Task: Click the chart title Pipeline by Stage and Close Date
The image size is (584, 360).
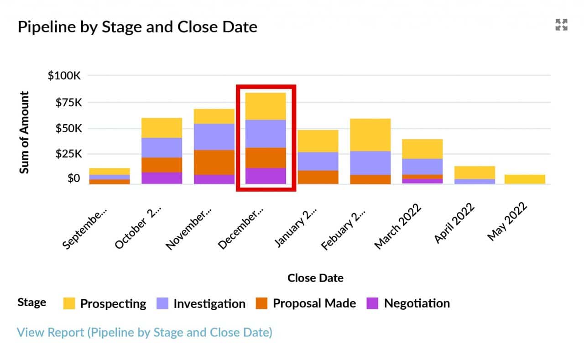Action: pyautogui.click(x=137, y=27)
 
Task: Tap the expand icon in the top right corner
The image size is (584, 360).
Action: pyautogui.click(x=561, y=25)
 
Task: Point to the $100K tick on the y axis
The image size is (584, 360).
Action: pyautogui.click(x=64, y=75)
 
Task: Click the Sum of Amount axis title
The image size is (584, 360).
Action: pyautogui.click(x=25, y=132)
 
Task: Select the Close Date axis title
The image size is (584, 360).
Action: pyautogui.click(x=315, y=278)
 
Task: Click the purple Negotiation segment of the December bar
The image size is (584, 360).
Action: pyautogui.click(x=266, y=176)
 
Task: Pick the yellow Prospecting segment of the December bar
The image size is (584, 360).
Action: pyautogui.click(x=266, y=106)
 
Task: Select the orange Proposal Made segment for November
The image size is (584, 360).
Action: pyautogui.click(x=214, y=162)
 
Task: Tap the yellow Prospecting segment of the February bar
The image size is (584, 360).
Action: pyautogui.click(x=370, y=135)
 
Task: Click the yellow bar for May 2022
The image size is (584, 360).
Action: pyautogui.click(x=525, y=179)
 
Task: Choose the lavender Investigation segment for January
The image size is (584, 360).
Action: pyautogui.click(x=318, y=161)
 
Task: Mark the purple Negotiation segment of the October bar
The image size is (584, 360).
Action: pyautogui.click(x=162, y=178)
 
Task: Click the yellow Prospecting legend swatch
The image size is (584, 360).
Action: pyautogui.click(x=69, y=303)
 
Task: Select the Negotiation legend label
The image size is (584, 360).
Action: pyautogui.click(x=417, y=303)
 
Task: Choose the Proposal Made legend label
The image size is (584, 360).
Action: pyautogui.click(x=314, y=303)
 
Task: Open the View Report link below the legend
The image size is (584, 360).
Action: pyautogui.click(x=144, y=332)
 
